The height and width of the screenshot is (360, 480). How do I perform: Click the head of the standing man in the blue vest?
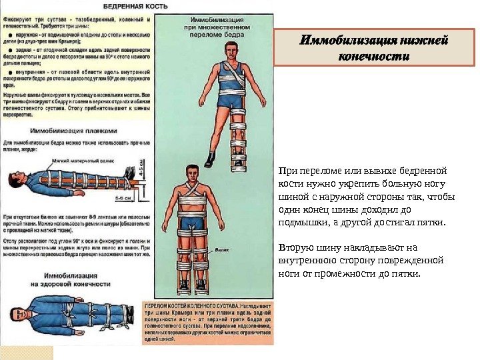231,50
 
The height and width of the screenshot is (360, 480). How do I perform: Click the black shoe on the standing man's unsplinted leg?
211,160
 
